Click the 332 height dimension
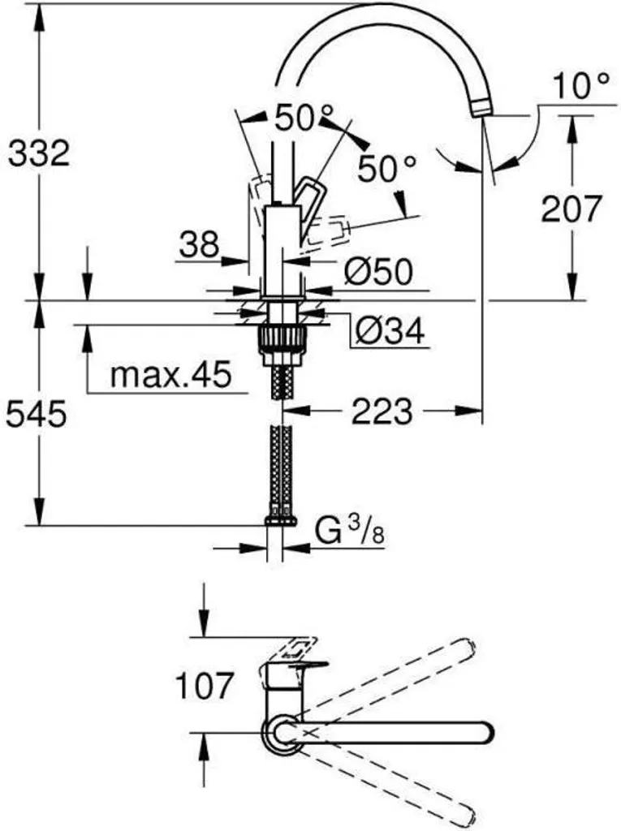38,153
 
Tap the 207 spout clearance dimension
571,209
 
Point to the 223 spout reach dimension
382,411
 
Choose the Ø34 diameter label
390,329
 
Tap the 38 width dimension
200,244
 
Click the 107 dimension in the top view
204,687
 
